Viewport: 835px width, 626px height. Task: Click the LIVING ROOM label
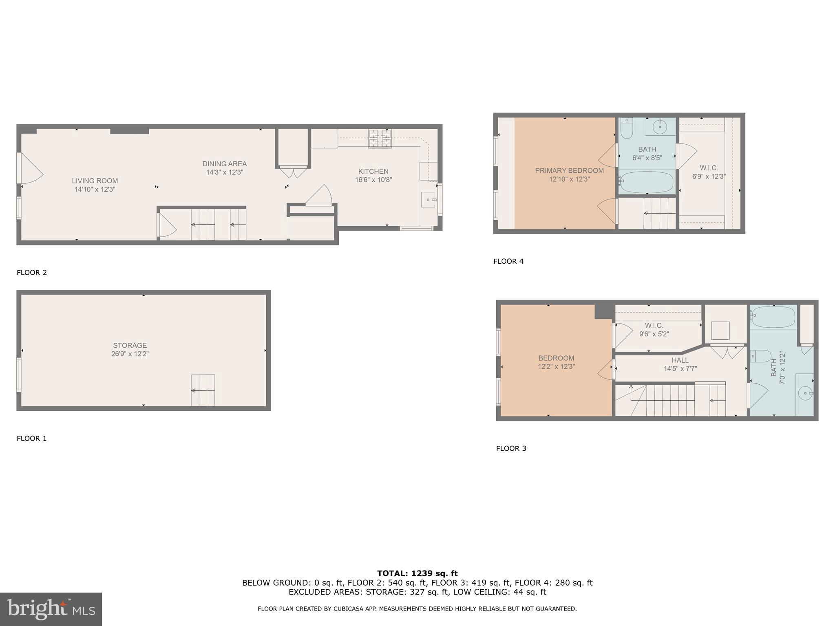pos(95,181)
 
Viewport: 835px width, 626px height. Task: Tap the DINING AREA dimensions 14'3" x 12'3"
pos(224,172)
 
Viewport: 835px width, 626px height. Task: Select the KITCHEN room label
pos(373,171)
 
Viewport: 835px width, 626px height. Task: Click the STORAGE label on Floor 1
pos(130,345)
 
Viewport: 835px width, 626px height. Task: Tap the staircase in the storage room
pos(203,390)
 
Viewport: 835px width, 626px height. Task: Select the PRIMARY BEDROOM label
pos(569,170)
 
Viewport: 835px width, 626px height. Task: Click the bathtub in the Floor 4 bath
pos(647,182)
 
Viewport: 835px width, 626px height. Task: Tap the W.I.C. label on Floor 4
pos(709,168)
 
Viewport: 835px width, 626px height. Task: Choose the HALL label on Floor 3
pos(680,360)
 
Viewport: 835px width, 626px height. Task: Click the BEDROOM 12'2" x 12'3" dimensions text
pos(556,367)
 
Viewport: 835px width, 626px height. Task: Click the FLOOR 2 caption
pos(32,273)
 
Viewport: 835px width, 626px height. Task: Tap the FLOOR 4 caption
pos(508,261)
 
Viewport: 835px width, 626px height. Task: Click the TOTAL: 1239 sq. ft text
pos(417,573)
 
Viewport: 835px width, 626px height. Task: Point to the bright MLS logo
pos(51,609)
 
